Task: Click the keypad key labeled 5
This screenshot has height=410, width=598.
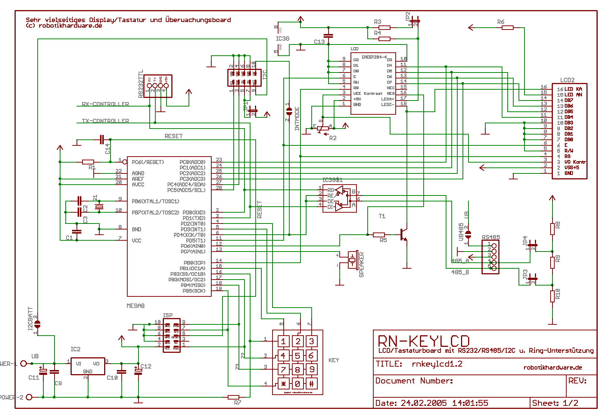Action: click(x=298, y=355)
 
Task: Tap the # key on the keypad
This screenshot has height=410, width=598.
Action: click(x=311, y=383)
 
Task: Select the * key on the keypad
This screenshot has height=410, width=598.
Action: click(x=283, y=383)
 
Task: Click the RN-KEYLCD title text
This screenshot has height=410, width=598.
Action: click(x=424, y=341)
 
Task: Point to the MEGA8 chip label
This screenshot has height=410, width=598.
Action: click(x=136, y=306)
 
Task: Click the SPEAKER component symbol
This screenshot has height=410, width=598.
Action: click(x=352, y=259)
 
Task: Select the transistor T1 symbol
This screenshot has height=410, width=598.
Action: click(x=404, y=234)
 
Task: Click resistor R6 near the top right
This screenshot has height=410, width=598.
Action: click(x=507, y=27)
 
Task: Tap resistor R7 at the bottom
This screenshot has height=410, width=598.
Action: click(x=234, y=397)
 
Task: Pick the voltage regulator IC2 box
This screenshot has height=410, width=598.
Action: click(x=88, y=366)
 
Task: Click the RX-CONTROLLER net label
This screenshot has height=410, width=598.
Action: click(x=105, y=104)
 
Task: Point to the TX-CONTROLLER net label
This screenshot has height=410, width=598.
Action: click(x=105, y=121)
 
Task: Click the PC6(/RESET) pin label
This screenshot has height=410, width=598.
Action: click(x=148, y=162)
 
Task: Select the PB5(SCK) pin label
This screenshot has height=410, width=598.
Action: click(x=194, y=291)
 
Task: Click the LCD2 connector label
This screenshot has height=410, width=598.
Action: click(x=567, y=80)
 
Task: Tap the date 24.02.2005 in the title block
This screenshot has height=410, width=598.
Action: click(x=424, y=403)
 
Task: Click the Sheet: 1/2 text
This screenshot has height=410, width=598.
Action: click(x=555, y=403)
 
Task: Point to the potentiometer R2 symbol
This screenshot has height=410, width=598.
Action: click(x=323, y=129)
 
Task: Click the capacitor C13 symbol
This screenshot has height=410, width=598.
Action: click(x=328, y=36)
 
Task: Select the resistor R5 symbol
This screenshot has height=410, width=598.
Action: click(x=379, y=235)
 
